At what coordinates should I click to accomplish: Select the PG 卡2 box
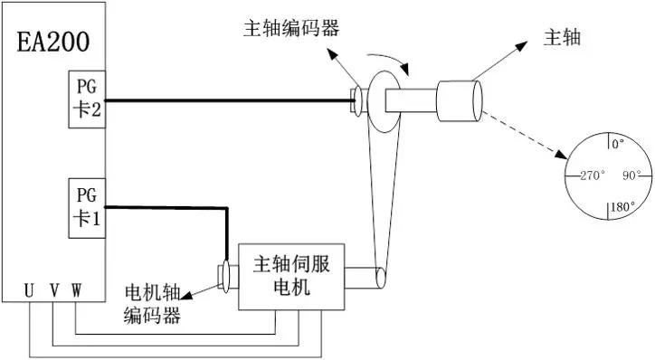[x=87, y=100]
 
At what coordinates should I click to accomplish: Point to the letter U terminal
[x=30, y=290]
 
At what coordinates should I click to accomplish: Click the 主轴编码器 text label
[x=291, y=27]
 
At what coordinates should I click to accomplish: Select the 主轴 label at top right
[x=561, y=38]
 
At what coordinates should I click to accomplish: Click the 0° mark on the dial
[x=618, y=143]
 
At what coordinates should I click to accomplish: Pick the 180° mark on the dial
[x=621, y=206]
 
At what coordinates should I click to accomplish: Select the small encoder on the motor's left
[x=223, y=278]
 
